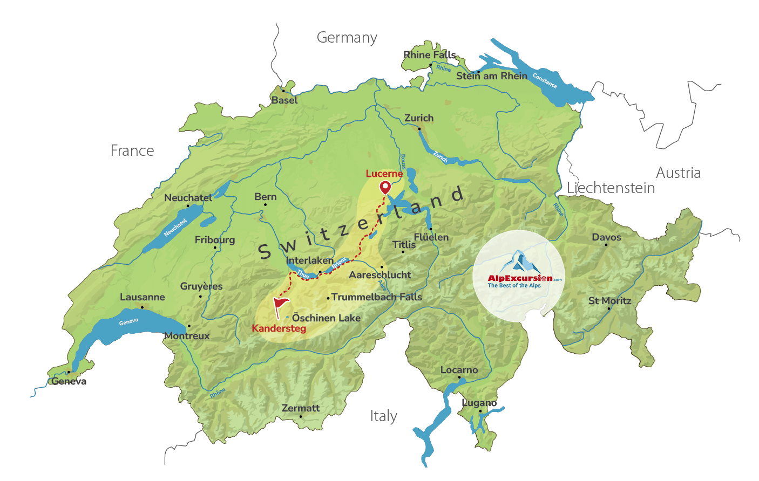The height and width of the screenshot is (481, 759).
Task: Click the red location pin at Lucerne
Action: click(x=385, y=187)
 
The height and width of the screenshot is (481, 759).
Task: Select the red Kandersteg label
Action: click(x=279, y=328)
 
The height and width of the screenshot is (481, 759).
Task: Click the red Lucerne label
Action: click(x=384, y=174)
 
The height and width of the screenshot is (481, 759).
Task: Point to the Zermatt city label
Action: click(x=301, y=408)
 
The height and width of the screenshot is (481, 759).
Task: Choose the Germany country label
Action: click(x=347, y=38)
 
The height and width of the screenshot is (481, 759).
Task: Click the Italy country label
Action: click(x=383, y=416)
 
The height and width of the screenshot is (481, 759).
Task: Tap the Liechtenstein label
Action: click(x=611, y=188)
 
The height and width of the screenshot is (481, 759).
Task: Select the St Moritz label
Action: click(x=609, y=301)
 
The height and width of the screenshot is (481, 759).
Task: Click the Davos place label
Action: click(x=606, y=237)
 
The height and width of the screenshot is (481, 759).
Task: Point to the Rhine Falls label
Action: click(x=430, y=55)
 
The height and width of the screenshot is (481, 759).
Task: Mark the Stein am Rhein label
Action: click(x=491, y=76)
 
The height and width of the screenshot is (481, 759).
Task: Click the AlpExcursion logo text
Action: click(x=520, y=278)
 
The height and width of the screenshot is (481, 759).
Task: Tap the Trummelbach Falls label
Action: click(x=376, y=297)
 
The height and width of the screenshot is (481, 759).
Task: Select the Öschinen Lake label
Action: click(x=326, y=318)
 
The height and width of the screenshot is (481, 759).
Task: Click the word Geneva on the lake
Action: click(x=128, y=322)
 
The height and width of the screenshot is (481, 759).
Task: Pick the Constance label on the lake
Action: click(x=545, y=80)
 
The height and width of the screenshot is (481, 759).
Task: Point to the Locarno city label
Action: click(x=459, y=370)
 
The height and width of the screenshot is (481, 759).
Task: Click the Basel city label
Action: click(x=284, y=100)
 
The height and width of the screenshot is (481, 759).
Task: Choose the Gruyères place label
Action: click(x=201, y=286)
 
